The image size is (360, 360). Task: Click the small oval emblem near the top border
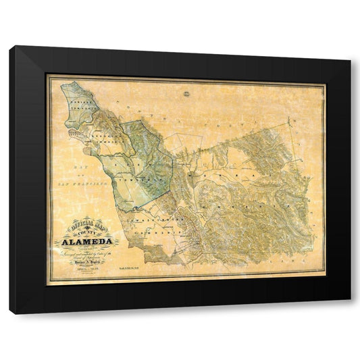186,82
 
